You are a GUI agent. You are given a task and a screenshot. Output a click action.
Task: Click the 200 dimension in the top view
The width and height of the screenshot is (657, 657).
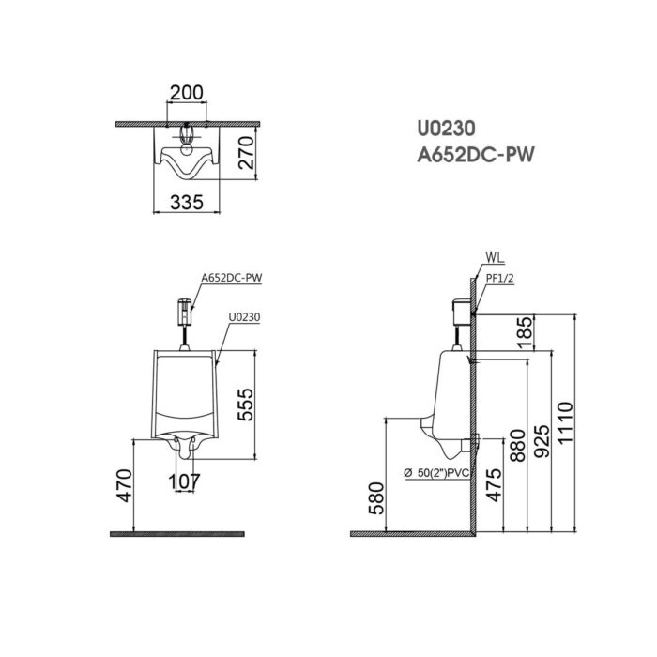pyautogui.click(x=188, y=93)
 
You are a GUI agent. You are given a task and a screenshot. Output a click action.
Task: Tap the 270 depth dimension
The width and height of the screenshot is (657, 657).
pyautogui.click(x=247, y=150)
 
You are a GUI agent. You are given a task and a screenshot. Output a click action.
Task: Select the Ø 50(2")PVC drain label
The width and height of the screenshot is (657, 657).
pyautogui.click(x=435, y=473)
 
